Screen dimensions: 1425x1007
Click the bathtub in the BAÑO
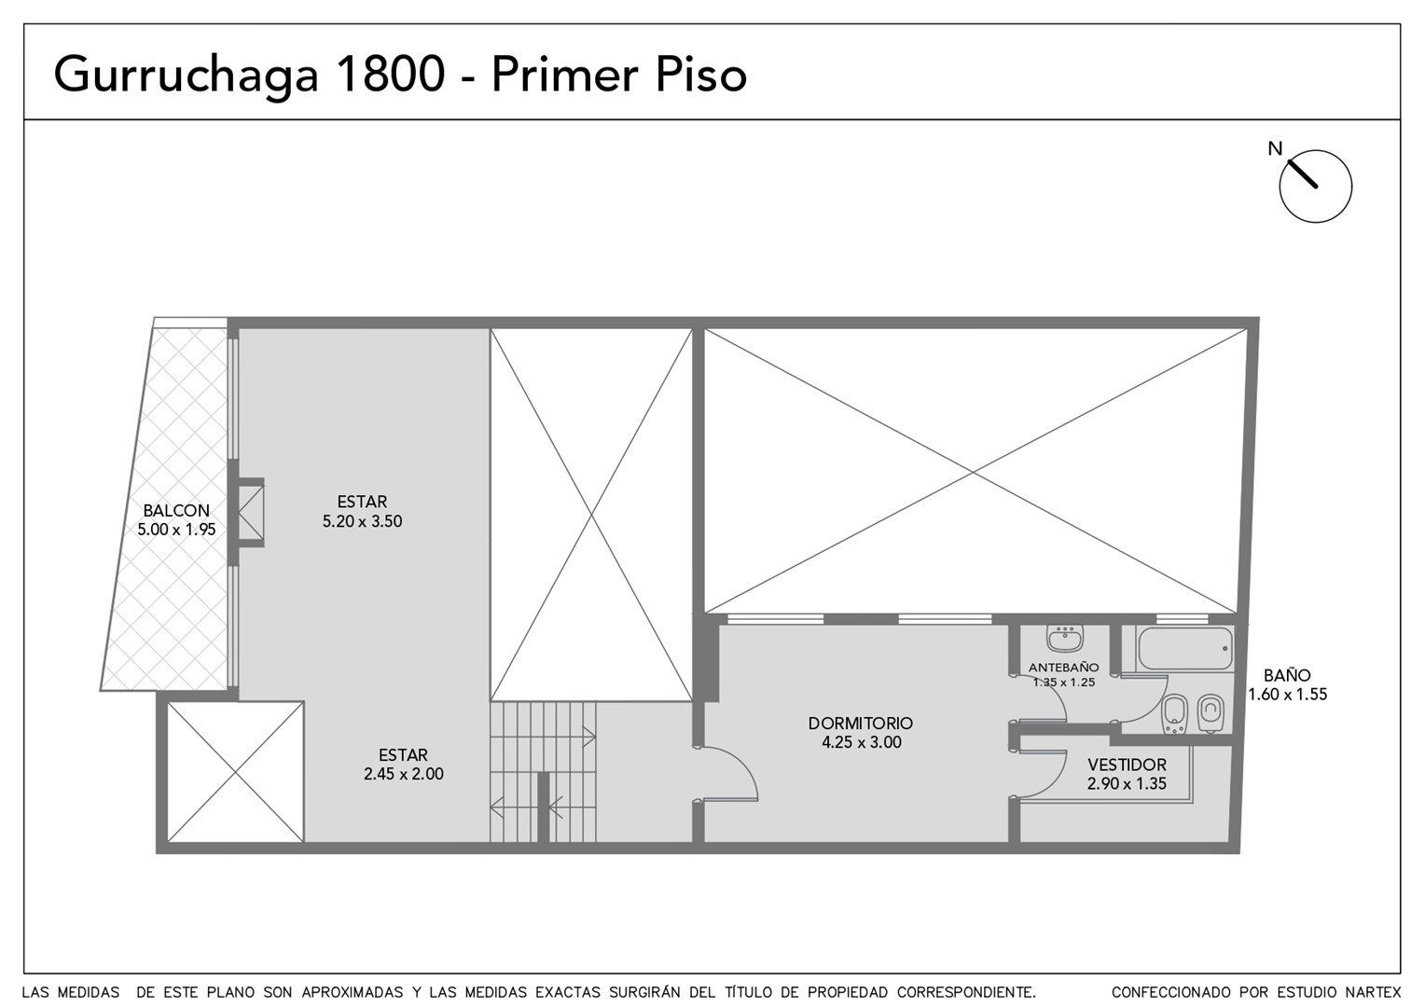[1184, 649]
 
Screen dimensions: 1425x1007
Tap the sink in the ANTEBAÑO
[1065, 639]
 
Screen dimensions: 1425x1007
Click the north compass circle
[1316, 186]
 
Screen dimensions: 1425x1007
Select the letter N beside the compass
[1275, 149]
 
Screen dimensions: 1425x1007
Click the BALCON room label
[176, 510]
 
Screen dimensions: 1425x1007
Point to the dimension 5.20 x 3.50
[362, 521]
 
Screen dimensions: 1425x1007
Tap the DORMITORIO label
[861, 724]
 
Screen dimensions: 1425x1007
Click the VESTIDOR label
[1127, 765]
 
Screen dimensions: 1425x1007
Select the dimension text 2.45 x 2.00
[403, 774]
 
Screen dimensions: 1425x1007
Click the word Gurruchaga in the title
[186, 76]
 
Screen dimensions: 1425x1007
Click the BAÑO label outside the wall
[1287, 675]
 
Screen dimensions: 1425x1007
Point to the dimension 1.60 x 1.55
[1288, 694]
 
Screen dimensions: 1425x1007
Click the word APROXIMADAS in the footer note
[352, 992]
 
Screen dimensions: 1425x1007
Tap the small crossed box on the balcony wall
[251, 512]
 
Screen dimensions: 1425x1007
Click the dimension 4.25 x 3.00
[862, 742]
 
